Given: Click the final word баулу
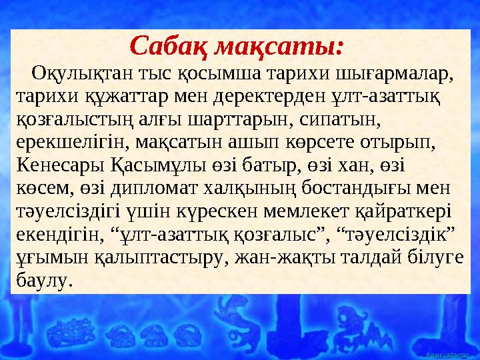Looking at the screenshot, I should click(x=41, y=283).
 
